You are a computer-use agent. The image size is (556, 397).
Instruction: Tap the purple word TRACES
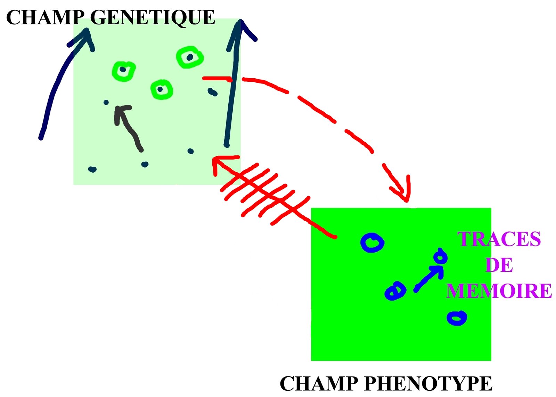(x=499, y=239)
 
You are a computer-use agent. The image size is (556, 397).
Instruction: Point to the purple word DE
(x=499, y=265)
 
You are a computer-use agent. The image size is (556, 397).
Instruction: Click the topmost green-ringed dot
(x=190, y=57)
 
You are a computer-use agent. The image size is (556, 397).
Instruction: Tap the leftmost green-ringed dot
(x=124, y=71)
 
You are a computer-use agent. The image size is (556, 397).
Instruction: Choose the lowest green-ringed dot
(x=162, y=89)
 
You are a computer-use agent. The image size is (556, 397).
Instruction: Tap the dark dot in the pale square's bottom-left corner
(x=92, y=169)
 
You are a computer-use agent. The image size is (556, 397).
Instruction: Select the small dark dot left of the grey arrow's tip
(x=106, y=102)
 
